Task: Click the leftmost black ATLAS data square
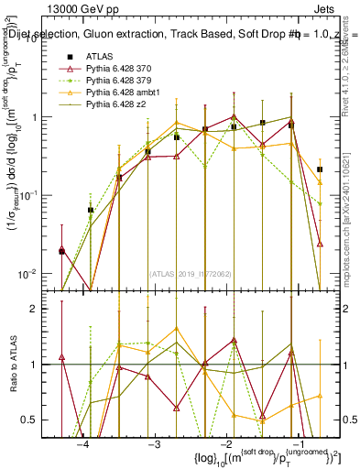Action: click(x=61, y=251)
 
